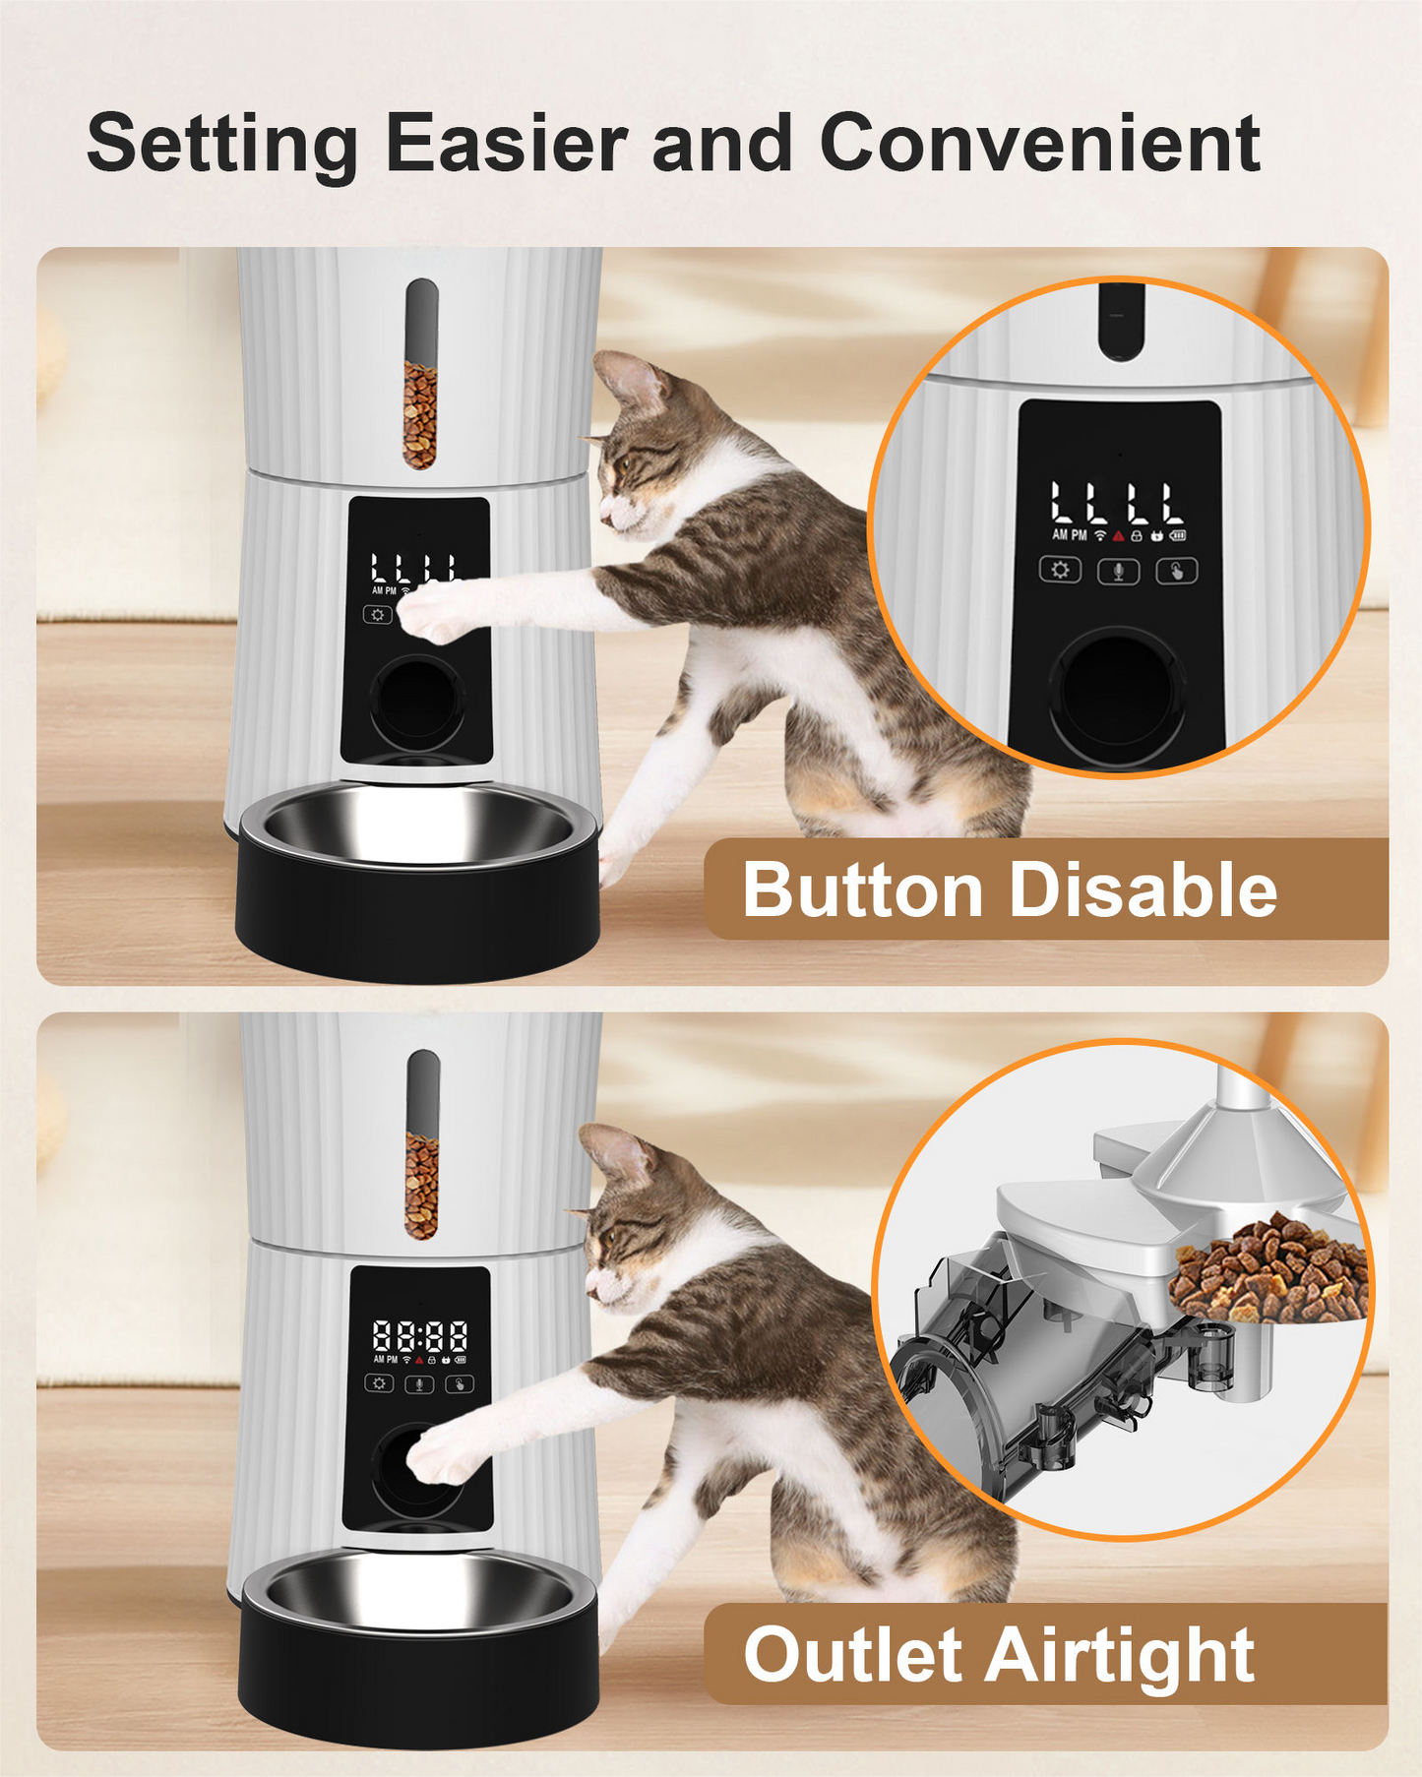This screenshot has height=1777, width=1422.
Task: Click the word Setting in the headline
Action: point(222,145)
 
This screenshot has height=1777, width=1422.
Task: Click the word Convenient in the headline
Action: point(1039,145)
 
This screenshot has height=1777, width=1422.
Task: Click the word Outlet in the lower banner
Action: point(853,1655)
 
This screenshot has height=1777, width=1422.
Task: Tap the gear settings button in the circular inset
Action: point(1060,571)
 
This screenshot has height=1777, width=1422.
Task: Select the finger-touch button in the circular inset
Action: point(1176,571)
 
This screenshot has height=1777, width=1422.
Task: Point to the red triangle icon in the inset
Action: point(1118,536)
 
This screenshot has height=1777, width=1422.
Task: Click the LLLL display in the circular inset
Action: point(1116,503)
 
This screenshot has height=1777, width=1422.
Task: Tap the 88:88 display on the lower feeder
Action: point(420,1336)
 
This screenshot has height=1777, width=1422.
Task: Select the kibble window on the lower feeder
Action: point(421,1161)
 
